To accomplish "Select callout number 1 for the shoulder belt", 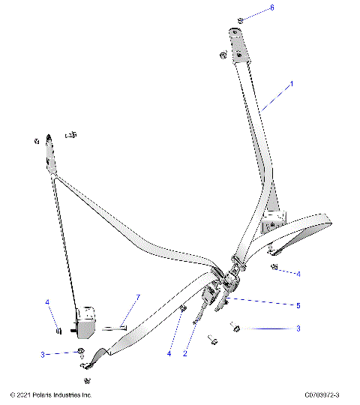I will click(x=292, y=85).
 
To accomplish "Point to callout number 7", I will click(x=137, y=298).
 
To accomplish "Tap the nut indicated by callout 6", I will click(x=239, y=19).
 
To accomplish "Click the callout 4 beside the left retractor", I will click(x=48, y=303).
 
